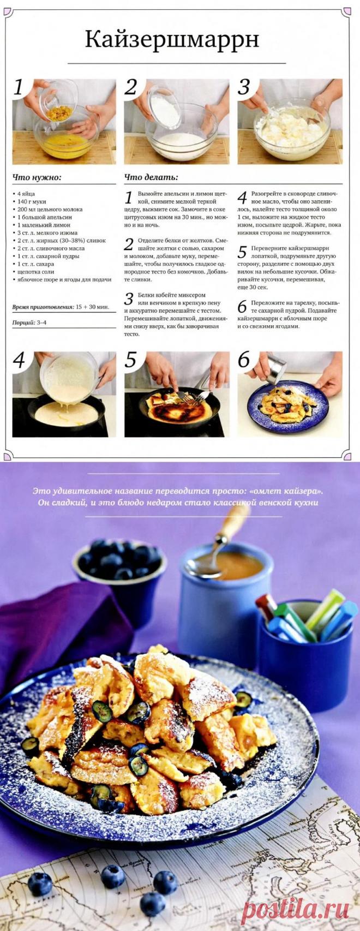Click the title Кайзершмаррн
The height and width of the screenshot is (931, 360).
[172, 40]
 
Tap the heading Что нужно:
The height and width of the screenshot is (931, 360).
[37, 177]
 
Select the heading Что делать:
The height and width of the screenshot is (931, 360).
[151, 177]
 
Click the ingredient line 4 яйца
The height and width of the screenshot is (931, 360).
[26, 194]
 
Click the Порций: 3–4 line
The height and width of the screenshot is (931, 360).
[29, 321]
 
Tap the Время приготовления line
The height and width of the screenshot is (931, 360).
[61, 307]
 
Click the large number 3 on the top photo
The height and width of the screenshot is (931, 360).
[244, 87]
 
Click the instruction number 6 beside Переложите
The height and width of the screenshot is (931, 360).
[242, 307]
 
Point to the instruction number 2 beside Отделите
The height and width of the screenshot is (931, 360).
[129, 244]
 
